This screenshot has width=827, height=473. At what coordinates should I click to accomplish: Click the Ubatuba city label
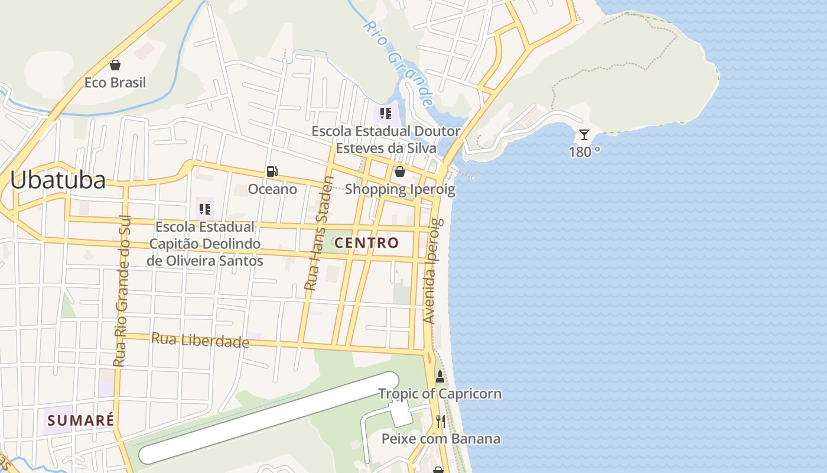pyautogui.click(x=58, y=180)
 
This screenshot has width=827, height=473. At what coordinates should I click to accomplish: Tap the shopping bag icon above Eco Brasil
pyautogui.click(x=115, y=65)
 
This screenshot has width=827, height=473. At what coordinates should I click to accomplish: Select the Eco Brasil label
pyautogui.click(x=115, y=82)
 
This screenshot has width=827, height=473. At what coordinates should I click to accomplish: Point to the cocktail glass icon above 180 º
pyautogui.click(x=584, y=135)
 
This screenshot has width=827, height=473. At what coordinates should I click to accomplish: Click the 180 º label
pyautogui.click(x=584, y=152)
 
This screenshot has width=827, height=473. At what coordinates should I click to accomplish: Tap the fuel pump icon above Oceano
pyautogui.click(x=272, y=172)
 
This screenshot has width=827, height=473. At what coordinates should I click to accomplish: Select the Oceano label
pyautogui.click(x=272, y=189)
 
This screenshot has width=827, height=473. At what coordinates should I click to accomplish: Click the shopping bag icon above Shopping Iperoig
pyautogui.click(x=400, y=172)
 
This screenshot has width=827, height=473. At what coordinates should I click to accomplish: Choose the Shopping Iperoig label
pyautogui.click(x=400, y=189)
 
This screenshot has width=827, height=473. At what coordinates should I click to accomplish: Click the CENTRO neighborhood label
pyautogui.click(x=366, y=242)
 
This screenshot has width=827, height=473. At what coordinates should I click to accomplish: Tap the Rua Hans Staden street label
pyautogui.click(x=320, y=233)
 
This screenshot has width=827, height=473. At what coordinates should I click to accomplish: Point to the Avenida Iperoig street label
pyautogui.click(x=433, y=271)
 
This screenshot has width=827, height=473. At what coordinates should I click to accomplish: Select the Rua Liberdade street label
pyautogui.click(x=200, y=340)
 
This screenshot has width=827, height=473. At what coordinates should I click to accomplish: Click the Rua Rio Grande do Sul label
pyautogui.click(x=122, y=291)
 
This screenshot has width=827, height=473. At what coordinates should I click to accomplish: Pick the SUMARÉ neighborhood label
pyautogui.click(x=80, y=420)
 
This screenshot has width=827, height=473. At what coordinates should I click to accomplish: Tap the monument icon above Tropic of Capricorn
pyautogui.click(x=440, y=377)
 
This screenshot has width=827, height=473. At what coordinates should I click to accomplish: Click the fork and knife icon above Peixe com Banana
pyautogui.click(x=441, y=422)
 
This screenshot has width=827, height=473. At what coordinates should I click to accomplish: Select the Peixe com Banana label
pyautogui.click(x=441, y=439)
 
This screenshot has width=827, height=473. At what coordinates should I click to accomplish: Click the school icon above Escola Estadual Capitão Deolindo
pyautogui.click(x=205, y=209)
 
